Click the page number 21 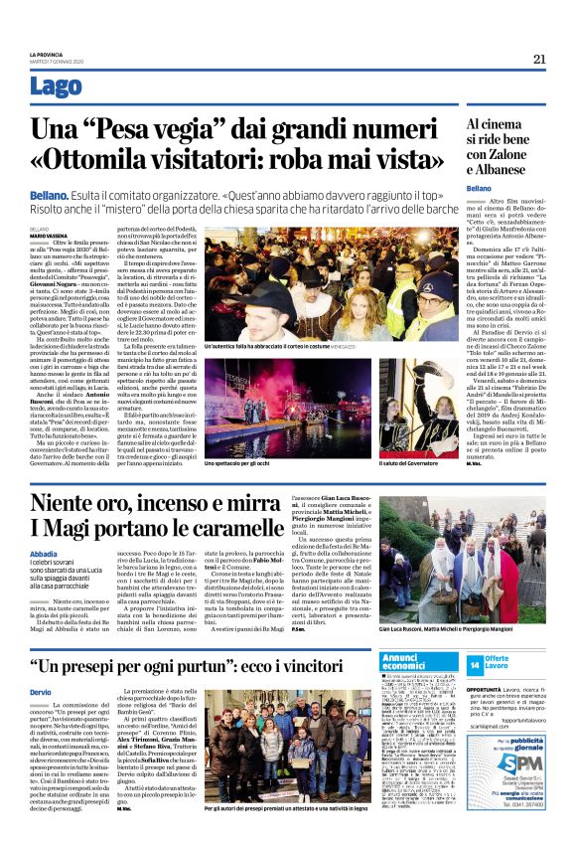click(x=540, y=59)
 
